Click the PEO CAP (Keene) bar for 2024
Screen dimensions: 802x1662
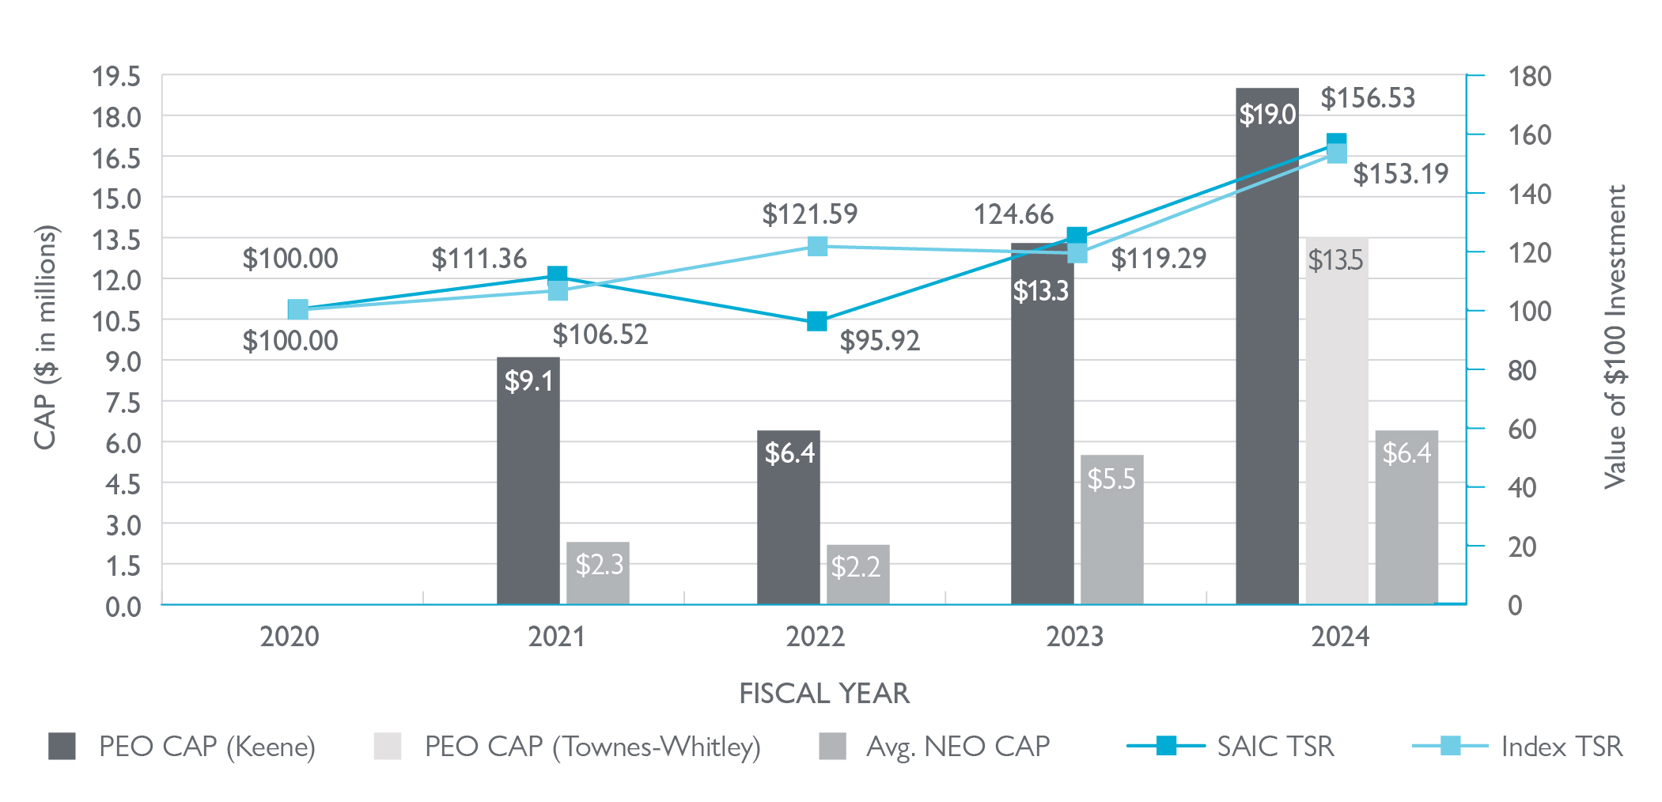(1266, 356)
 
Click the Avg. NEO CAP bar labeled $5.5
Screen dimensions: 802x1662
(1111, 530)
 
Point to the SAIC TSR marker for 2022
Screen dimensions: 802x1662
(816, 321)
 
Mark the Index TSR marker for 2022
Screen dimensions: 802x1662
(817, 247)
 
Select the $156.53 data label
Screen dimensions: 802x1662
(1367, 98)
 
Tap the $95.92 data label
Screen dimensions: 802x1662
(880, 341)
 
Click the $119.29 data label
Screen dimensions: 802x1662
(1158, 259)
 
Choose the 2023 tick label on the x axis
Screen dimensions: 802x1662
(1074, 637)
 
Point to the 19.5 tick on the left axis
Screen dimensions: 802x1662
(116, 77)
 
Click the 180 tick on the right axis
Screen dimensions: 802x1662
(1529, 77)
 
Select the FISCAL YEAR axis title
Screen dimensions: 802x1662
(824, 694)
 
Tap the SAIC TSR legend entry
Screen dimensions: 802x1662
(1274, 746)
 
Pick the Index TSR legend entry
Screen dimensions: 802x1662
(1561, 746)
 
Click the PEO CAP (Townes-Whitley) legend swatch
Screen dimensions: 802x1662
(388, 746)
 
